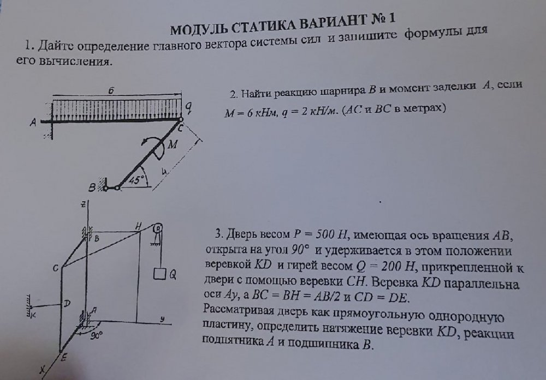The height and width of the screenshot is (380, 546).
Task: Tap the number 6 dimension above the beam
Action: (x=111, y=91)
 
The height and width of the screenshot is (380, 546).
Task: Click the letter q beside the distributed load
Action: (x=188, y=108)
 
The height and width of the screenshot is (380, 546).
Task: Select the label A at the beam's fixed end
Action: (x=33, y=122)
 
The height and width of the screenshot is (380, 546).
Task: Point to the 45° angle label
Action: (x=136, y=180)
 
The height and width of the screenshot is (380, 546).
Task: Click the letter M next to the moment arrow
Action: (x=173, y=144)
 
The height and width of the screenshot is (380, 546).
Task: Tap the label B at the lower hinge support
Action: (x=92, y=188)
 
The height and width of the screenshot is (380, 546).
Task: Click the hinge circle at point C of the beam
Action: (x=180, y=120)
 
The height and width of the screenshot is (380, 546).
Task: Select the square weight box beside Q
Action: (x=159, y=274)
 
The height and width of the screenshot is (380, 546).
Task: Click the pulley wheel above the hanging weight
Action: (x=158, y=228)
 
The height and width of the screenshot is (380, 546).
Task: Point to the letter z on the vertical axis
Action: (x=83, y=205)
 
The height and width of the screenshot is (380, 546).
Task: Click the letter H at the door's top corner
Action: (x=138, y=226)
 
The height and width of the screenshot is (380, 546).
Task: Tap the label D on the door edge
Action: (x=67, y=304)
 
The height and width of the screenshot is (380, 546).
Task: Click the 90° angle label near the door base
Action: (x=97, y=335)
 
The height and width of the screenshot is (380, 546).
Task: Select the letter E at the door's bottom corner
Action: (x=64, y=357)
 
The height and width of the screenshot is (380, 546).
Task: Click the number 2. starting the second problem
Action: (x=234, y=94)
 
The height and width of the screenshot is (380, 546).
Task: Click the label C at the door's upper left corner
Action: (x=55, y=268)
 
